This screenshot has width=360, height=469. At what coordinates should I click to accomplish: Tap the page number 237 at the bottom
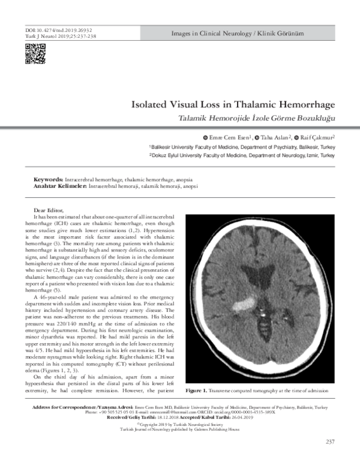click(329, 442)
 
